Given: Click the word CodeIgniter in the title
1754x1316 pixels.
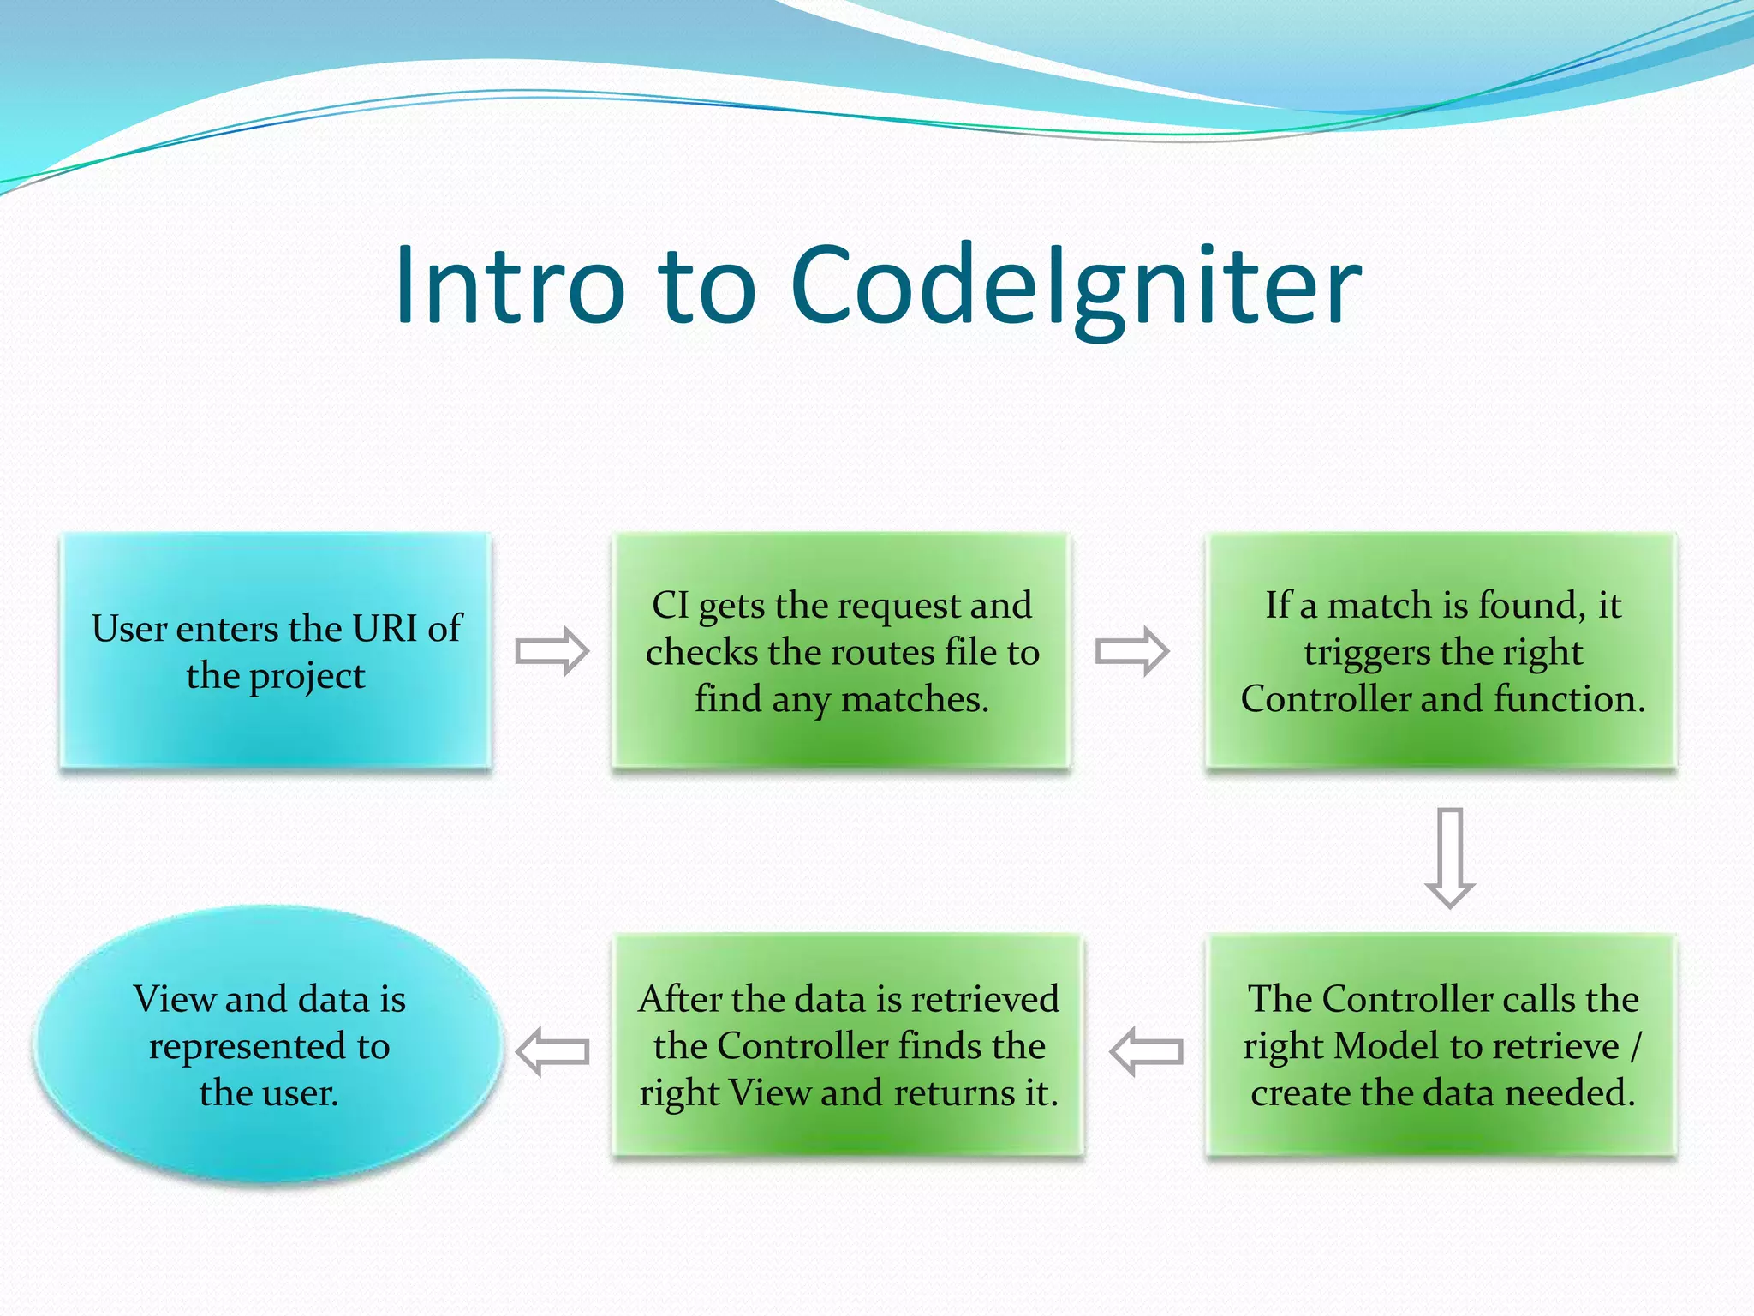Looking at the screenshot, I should (1075, 286).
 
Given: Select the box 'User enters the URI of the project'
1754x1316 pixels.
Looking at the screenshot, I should (276, 650).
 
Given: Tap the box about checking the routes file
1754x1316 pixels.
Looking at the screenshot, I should (841, 650).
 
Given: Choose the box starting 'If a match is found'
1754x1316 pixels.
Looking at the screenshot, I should (1441, 650).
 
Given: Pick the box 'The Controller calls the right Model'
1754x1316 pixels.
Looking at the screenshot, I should (1441, 1045).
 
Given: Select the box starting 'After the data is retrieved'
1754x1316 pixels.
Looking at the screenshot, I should (848, 1045).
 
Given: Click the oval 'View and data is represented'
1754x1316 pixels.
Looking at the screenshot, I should (268, 1045).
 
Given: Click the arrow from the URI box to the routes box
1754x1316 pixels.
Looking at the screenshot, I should (552, 651).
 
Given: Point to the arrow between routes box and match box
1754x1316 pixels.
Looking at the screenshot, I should (1131, 651).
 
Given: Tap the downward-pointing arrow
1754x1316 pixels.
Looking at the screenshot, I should (1449, 857).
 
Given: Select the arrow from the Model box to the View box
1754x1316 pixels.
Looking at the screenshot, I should (1146, 1050).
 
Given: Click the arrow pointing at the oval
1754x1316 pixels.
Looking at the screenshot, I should (553, 1050).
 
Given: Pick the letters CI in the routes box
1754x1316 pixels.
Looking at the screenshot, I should (670, 606).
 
